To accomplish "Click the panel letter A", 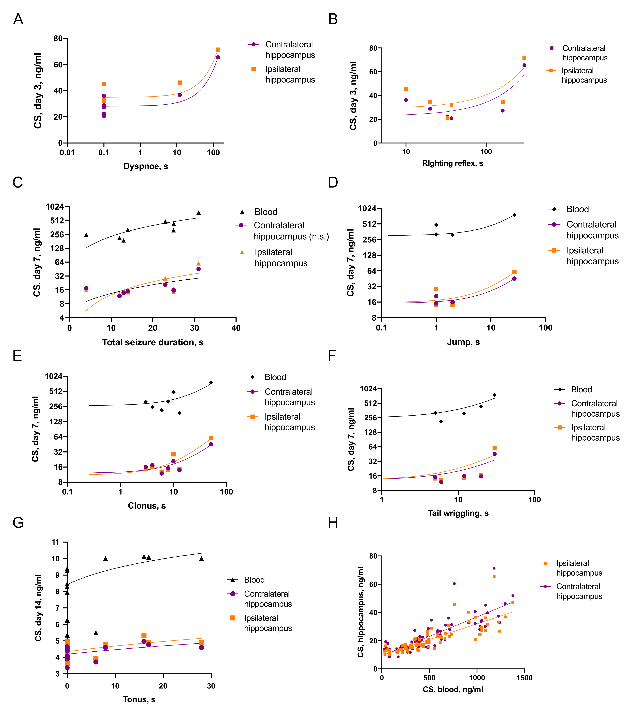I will (x=18, y=19).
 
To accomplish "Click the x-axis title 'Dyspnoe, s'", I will (x=146, y=166).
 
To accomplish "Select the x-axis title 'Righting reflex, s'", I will (x=452, y=163).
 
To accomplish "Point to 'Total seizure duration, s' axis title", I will (x=153, y=342).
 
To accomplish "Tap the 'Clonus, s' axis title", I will (x=147, y=506).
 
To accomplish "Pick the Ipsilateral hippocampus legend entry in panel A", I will (x=290, y=74).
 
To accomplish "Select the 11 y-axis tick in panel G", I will (x=55, y=542).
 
